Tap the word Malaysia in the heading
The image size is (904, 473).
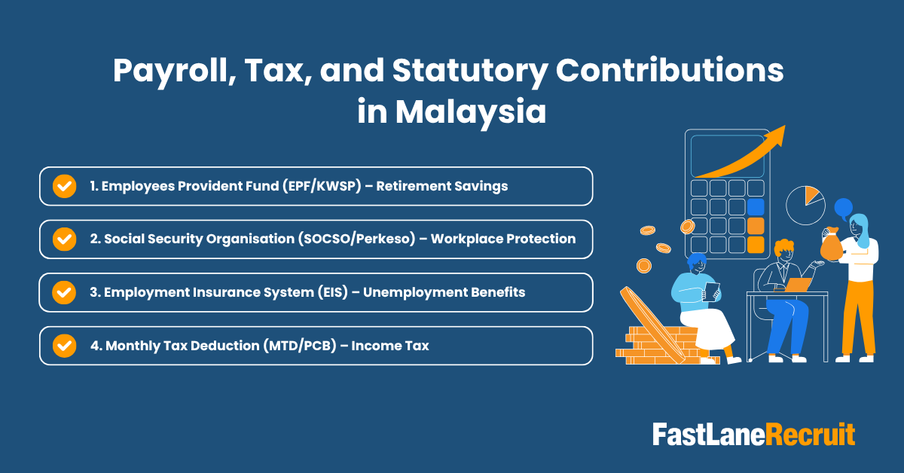[472, 112]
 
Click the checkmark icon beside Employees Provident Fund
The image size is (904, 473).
[65, 186]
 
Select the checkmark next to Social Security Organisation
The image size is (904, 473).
[65, 239]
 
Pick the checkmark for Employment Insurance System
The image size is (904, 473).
[65, 292]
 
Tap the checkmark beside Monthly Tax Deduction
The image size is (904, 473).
[65, 346]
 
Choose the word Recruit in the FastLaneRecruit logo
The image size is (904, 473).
[811, 435]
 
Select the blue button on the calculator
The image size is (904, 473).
[755, 206]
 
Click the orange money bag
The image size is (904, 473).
[831, 245]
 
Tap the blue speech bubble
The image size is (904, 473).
[843, 206]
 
